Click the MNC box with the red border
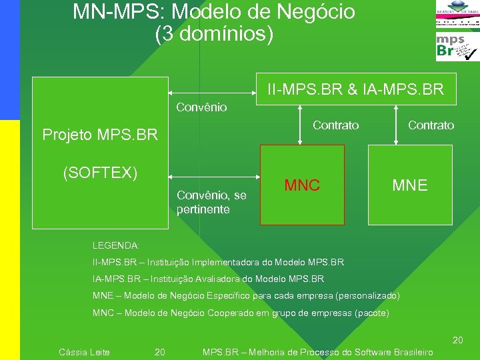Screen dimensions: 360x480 (302, 185)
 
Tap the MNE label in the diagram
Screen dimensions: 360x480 (410, 185)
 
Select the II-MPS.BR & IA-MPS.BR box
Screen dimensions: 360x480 (356, 89)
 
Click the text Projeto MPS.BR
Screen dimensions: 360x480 (100, 135)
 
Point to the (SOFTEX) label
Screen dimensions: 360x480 (100, 173)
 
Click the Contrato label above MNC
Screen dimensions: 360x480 (335, 125)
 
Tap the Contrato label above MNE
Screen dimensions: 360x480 (431, 125)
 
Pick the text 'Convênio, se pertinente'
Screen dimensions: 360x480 (211, 203)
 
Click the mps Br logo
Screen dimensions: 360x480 (457, 47)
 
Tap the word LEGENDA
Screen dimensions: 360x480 (116, 246)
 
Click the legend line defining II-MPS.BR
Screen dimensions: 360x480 (218, 262)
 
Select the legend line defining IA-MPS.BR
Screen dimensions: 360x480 (208, 279)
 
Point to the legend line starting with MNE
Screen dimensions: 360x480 (246, 295)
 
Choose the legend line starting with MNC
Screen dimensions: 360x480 (241, 313)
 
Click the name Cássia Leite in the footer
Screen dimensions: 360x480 (85, 352)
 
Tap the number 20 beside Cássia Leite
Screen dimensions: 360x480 (160, 352)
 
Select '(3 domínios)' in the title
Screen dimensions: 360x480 (214, 34)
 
